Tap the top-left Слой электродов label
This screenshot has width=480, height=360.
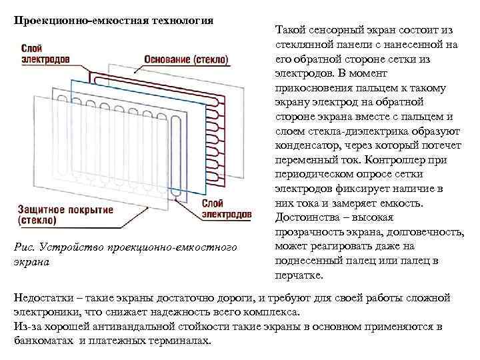(45, 54)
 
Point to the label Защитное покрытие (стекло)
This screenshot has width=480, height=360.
(65, 214)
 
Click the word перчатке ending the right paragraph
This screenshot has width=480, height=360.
(298, 275)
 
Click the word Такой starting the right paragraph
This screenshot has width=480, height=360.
(290, 30)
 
